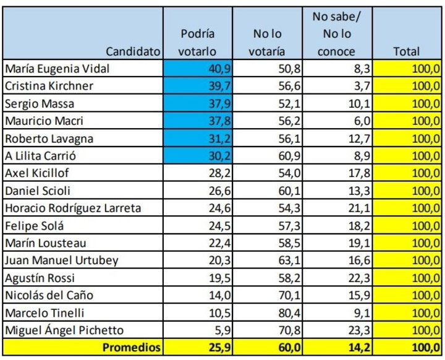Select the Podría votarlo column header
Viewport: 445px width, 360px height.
(198, 43)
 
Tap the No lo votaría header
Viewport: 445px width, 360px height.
(268, 43)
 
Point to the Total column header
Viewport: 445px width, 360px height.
(406, 52)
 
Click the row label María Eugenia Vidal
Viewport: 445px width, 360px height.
(57, 69)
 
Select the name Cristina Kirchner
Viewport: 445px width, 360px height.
(49, 85)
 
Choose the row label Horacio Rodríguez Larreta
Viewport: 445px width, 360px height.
(73, 208)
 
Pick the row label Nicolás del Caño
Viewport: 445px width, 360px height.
(49, 295)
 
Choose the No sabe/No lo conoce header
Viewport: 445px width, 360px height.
(337, 34)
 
